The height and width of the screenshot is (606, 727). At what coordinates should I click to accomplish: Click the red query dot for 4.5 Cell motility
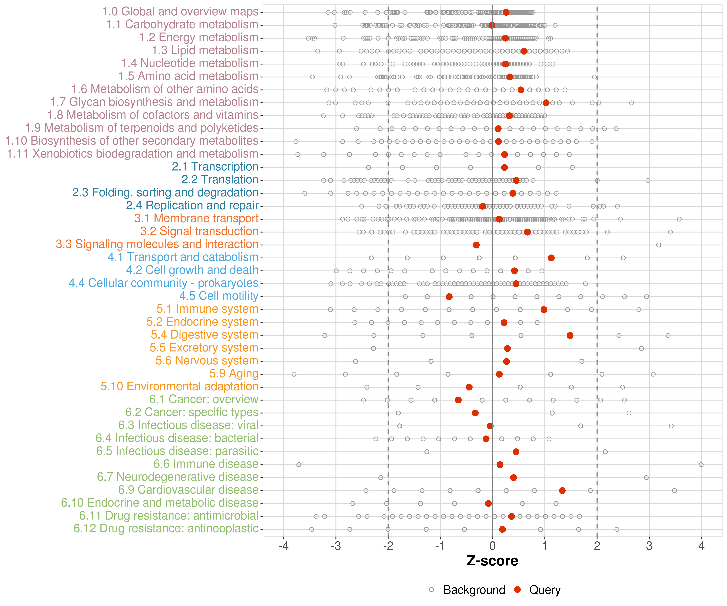point(449,297)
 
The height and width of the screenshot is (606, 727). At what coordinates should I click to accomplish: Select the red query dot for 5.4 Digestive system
point(570,336)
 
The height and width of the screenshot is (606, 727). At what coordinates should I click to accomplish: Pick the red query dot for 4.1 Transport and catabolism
point(551,258)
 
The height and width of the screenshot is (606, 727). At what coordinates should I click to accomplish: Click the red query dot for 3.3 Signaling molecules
point(476,245)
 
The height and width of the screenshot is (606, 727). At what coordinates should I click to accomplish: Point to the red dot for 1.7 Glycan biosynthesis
point(546,103)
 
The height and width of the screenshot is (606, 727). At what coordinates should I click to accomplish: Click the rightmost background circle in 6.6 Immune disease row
point(701,465)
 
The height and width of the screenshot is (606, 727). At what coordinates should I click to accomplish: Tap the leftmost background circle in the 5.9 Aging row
point(294,374)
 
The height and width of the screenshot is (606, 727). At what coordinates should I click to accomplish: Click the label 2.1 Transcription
point(215,167)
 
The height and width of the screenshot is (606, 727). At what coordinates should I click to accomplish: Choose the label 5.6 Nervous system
point(207,361)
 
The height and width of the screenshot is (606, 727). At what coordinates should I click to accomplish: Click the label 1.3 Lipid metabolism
point(205,50)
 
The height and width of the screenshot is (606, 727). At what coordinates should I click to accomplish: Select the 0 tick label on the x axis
point(492,546)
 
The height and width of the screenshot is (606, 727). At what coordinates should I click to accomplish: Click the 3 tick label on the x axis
point(649,546)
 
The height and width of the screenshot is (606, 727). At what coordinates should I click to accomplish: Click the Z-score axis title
point(492,561)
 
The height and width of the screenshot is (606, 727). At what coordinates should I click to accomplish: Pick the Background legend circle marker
point(431,589)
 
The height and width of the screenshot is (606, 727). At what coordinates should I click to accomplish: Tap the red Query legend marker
point(517,589)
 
